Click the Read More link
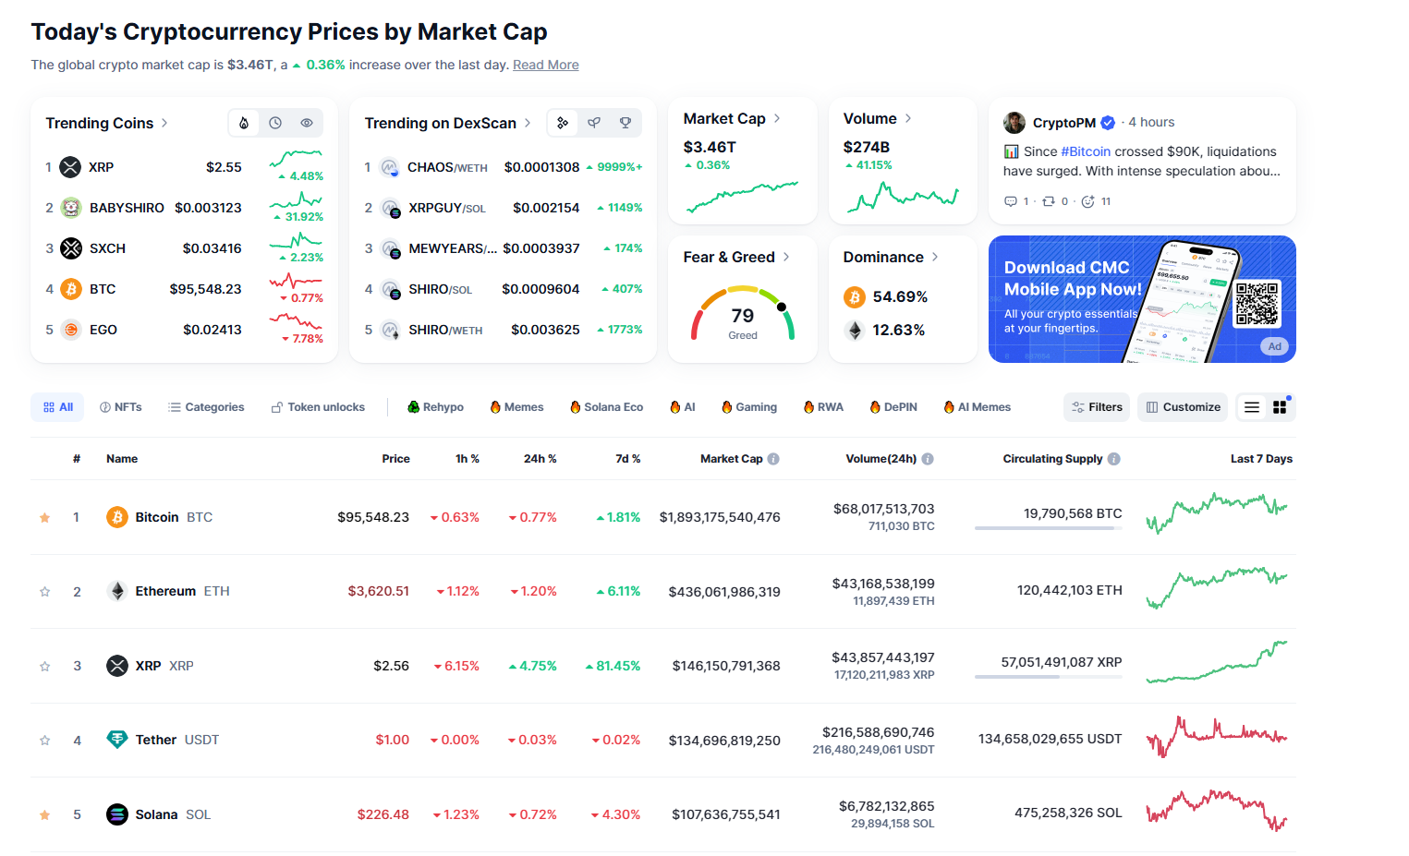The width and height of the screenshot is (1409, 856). tap(545, 65)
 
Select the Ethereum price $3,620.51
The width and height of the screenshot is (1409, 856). tap(378, 591)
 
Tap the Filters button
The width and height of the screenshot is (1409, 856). tap(1097, 407)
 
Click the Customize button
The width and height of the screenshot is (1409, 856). tap(1182, 407)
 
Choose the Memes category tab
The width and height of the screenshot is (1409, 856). tap(516, 407)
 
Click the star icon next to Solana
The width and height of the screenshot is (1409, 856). tap(44, 814)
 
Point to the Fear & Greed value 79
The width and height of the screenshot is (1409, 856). tap(742, 316)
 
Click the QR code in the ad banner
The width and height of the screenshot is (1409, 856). tap(1257, 304)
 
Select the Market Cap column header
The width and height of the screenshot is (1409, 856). tap(731, 459)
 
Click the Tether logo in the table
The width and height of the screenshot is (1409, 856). tap(116, 740)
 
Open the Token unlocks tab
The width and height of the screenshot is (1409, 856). tap(318, 407)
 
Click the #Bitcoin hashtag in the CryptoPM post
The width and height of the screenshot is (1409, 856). tap(1086, 151)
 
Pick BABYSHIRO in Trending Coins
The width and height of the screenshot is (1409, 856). tap(127, 208)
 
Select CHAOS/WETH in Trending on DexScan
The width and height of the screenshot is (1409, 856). tap(447, 167)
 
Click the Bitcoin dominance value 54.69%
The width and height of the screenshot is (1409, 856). tap(899, 296)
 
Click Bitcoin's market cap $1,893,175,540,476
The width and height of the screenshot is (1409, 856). tap(720, 517)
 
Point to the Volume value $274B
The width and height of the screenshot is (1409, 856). tap(866, 147)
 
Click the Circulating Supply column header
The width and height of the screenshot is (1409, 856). tap(1052, 459)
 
